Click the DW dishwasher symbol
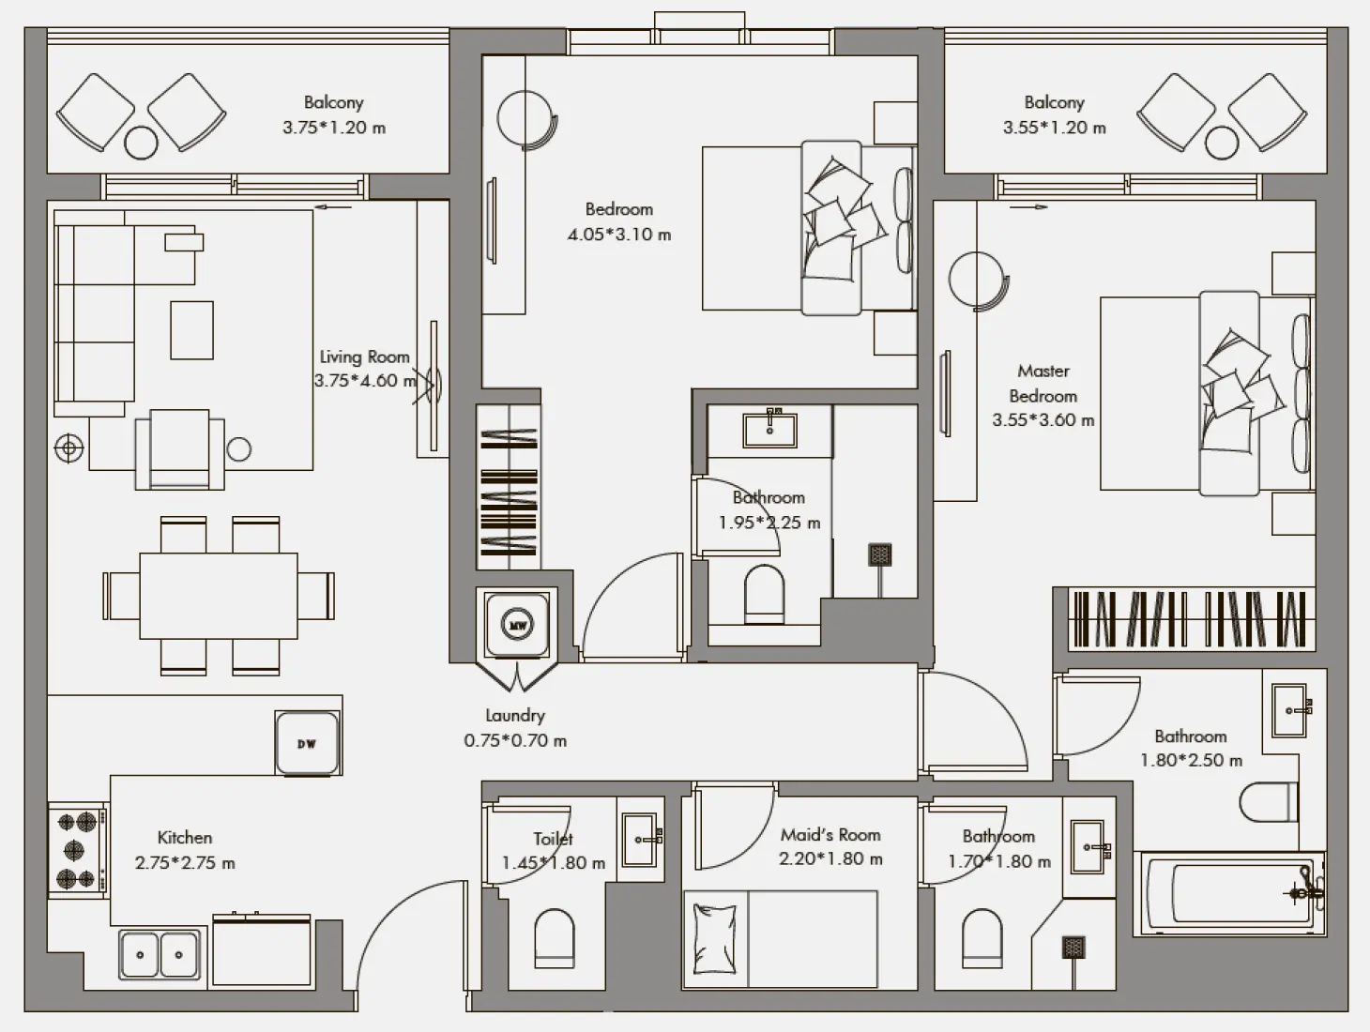[x=307, y=743]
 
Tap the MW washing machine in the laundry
[x=516, y=624]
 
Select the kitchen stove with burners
[x=77, y=850]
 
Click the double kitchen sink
[x=160, y=955]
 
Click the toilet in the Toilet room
[x=554, y=938]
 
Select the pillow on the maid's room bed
[x=715, y=940]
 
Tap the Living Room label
[x=364, y=357]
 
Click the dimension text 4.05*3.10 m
[x=618, y=235]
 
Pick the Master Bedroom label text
[x=1043, y=384]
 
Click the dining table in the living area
[x=219, y=595]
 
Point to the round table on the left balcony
[x=142, y=143]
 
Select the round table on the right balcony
[x=1221, y=143]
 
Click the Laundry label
[x=514, y=715]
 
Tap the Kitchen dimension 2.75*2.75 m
[x=185, y=863]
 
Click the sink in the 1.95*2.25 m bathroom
[x=769, y=430]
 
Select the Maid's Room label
[x=830, y=834]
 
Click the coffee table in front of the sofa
[x=191, y=329]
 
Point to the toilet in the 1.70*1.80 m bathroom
[x=982, y=938]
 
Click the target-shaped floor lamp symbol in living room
[x=68, y=449]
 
